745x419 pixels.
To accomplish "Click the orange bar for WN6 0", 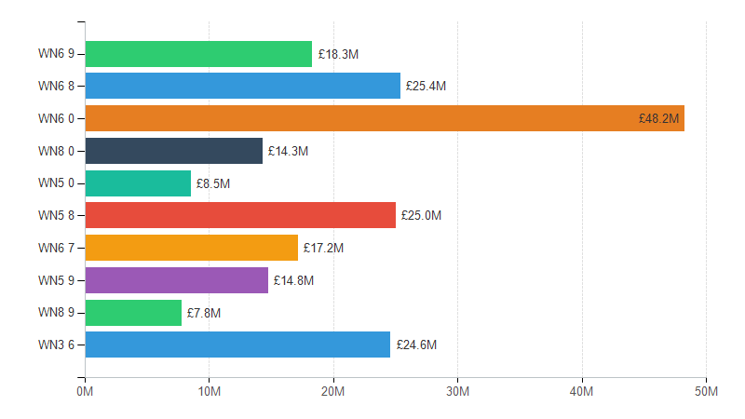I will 385,118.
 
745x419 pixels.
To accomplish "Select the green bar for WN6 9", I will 198,54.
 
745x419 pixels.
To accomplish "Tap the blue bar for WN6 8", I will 243,87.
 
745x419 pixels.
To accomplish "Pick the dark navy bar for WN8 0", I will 174,151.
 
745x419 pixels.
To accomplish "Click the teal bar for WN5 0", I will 138,183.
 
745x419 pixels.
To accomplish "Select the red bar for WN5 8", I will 240,216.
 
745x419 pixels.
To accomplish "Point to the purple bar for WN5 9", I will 177,280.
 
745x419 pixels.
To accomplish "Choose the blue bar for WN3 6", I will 237,345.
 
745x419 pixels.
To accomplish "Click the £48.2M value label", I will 659,118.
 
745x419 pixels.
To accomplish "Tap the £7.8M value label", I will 204,313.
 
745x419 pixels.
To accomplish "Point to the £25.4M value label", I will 426,87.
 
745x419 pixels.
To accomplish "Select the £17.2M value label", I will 323,249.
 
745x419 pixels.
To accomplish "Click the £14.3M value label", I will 288,151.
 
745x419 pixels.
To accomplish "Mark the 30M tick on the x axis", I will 457,392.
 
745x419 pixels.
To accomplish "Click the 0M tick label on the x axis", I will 85,392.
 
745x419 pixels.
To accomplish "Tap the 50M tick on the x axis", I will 706,392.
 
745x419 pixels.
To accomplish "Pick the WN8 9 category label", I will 56,313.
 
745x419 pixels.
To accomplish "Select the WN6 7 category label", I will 56,249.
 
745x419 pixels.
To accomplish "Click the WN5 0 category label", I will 56,183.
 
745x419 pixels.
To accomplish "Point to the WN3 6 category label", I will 56,345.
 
